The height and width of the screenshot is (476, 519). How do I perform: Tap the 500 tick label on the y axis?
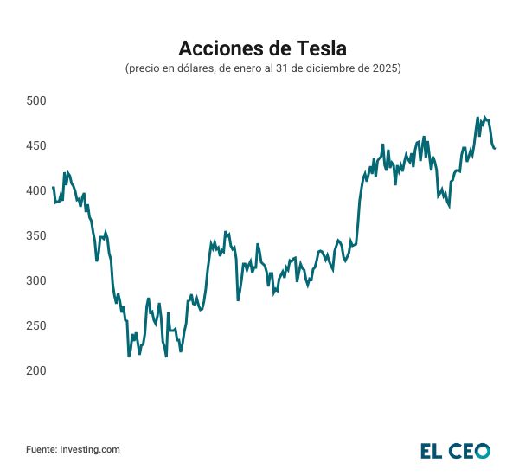(35, 101)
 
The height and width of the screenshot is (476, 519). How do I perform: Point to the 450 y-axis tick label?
(35, 146)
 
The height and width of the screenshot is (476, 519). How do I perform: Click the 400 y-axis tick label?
(35, 191)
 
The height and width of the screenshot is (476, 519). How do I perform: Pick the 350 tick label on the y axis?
(35, 236)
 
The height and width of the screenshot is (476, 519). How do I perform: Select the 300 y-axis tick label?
(35, 281)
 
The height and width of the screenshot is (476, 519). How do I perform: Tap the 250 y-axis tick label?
(35, 326)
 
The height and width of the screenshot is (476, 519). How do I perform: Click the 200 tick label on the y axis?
(35, 371)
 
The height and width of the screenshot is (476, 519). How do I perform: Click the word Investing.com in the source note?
(90, 449)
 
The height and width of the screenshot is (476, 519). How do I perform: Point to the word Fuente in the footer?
(41, 449)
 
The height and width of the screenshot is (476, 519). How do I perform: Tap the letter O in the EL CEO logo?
(481, 451)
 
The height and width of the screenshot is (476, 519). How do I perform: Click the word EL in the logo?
(432, 451)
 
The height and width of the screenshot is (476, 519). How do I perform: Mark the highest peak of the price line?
(477, 117)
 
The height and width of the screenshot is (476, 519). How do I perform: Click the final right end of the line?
(495, 148)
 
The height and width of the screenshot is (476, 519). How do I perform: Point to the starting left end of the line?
(53, 188)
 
